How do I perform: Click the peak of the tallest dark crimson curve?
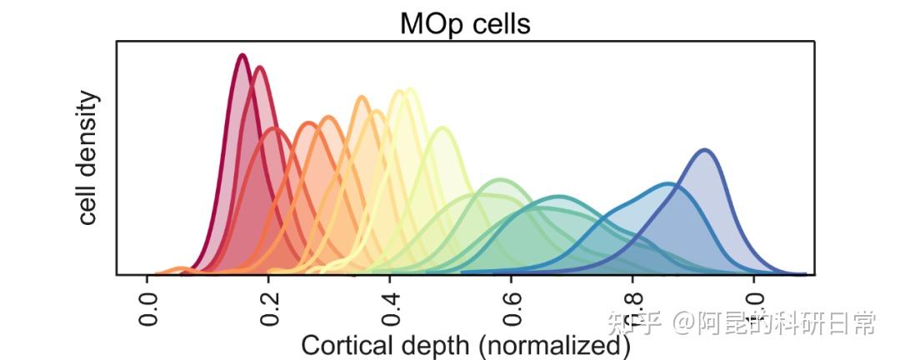[x=242, y=55]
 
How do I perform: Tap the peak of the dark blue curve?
[x=705, y=150]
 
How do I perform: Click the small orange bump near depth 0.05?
[x=179, y=268]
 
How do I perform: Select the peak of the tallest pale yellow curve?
[x=410, y=89]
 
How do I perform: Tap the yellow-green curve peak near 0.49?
[x=442, y=128]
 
